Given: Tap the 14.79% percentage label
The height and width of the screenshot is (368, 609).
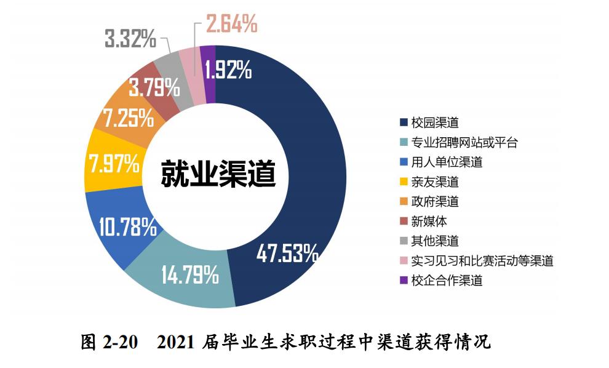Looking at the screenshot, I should [x=190, y=274].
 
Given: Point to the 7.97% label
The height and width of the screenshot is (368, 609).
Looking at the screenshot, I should [x=114, y=165].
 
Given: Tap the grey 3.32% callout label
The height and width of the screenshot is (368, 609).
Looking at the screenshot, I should [x=130, y=40].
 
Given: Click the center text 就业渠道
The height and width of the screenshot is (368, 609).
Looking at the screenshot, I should [x=218, y=174].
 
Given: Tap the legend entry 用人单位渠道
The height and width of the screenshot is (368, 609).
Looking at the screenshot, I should [x=447, y=162].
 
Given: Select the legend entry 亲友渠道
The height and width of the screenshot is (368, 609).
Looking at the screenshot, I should [x=435, y=182].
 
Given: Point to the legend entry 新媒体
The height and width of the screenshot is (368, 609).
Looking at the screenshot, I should [x=429, y=222].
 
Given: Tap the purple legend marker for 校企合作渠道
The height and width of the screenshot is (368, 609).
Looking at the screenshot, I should [x=404, y=281].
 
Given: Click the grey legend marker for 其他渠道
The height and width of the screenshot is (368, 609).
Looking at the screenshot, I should [x=404, y=241].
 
